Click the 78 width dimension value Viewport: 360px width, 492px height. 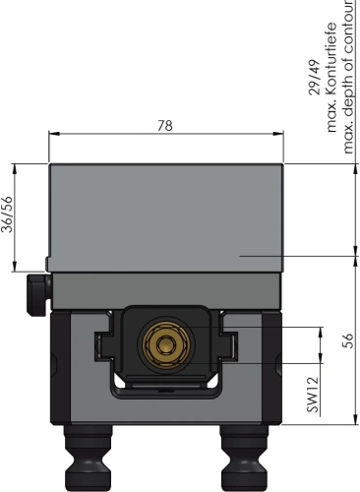coord(165,126)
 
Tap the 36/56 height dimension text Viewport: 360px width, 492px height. coord(7,215)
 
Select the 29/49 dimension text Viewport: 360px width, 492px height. coord(315,78)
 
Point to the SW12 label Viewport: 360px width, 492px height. coord(313,395)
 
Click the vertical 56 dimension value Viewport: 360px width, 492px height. coord(348,340)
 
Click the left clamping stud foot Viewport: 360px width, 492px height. coord(88,458)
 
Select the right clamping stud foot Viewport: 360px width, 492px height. coord(244,458)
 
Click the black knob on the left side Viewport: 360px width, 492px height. coord(38,295)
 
